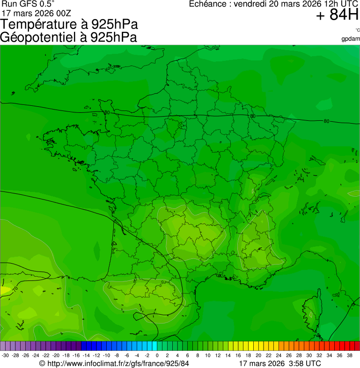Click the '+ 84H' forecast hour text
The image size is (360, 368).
pyautogui.click(x=337, y=15)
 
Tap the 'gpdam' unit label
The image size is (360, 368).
pyautogui.click(x=351, y=38)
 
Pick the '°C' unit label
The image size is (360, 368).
pyautogui.click(x=357, y=30)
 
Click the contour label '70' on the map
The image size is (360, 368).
pyautogui.click(x=15, y=290)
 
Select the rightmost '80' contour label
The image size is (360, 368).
pyautogui.click(x=326, y=121)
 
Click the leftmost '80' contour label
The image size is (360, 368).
pyautogui.click(x=107, y=113)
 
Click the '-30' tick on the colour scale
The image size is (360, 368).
pyautogui.click(x=6, y=355)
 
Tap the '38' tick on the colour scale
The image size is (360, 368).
pyautogui.click(x=350, y=355)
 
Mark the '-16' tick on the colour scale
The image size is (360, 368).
pyautogui.click(x=76, y=355)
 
